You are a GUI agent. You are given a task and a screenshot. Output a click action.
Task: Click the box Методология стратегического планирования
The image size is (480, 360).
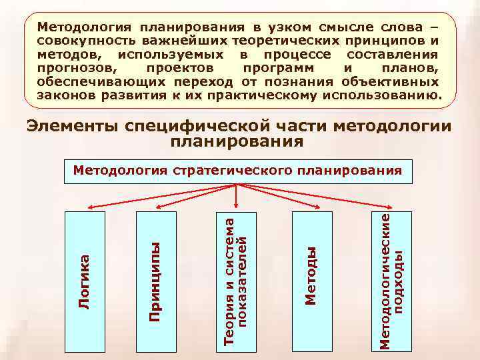[x=237, y=171]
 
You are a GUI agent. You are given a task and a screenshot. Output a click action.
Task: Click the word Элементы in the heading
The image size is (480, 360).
[x=74, y=127]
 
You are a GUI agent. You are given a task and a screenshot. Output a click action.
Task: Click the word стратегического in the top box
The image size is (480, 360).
[x=231, y=170]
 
